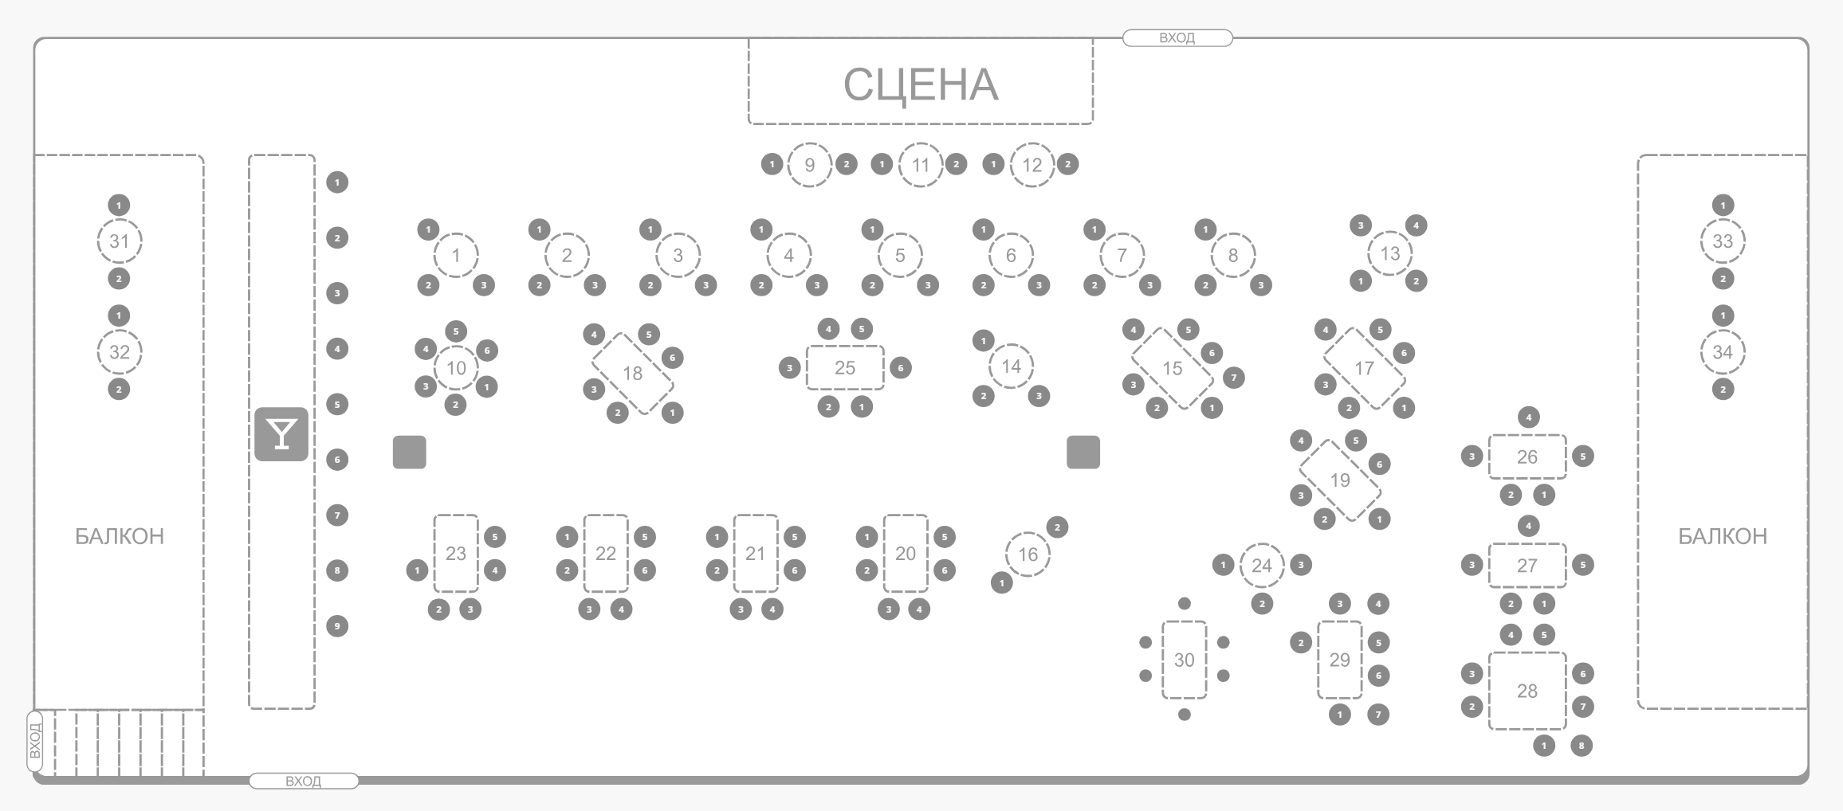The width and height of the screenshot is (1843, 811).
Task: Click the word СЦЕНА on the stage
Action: [921, 84]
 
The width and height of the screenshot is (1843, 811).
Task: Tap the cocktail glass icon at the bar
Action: [281, 434]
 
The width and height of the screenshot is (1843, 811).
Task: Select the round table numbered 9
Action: [809, 165]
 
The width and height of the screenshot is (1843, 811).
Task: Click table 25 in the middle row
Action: [845, 367]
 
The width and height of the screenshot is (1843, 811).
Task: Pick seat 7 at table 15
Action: [1233, 378]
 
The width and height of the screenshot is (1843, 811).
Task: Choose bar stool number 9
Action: [337, 626]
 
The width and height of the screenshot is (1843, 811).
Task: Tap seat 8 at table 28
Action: [1582, 746]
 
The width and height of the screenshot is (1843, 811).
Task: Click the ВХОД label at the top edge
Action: [1177, 37]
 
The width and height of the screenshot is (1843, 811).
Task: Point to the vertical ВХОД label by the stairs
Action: [34, 742]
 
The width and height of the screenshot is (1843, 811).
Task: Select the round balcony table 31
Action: [119, 241]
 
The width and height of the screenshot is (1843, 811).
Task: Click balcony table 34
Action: [1723, 351]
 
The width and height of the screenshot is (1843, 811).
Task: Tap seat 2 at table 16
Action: [1057, 527]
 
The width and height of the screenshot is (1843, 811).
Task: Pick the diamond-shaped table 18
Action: [632, 373]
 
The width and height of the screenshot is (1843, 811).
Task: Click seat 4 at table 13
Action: [1416, 225]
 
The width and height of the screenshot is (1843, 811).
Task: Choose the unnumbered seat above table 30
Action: [1185, 604]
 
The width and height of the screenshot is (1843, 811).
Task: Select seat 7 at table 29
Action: [1378, 715]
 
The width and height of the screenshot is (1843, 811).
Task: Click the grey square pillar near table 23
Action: [409, 453]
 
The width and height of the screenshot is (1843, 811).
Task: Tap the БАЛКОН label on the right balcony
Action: [1723, 536]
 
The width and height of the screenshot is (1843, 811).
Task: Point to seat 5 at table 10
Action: [456, 331]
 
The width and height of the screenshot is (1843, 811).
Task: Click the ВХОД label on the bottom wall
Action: [303, 781]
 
